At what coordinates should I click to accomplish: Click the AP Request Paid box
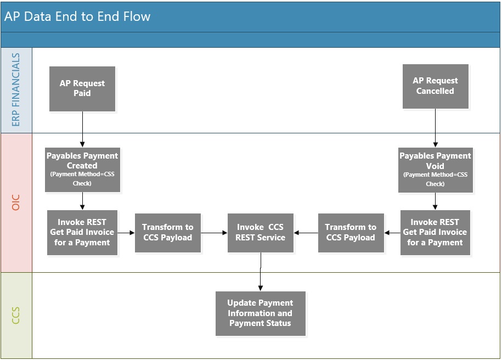(x=82, y=89)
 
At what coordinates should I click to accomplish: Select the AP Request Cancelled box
(x=436, y=87)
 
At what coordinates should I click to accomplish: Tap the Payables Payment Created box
(x=83, y=170)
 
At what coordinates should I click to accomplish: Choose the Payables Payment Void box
(x=436, y=170)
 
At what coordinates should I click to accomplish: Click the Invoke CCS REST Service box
(x=261, y=233)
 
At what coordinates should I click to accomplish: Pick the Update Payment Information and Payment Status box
(x=261, y=313)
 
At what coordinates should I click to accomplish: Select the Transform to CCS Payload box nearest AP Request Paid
(x=168, y=233)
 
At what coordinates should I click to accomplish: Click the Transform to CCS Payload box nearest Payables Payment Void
(x=351, y=233)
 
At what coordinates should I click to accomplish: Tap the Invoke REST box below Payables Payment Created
(x=82, y=233)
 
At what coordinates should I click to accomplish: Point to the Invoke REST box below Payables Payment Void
(x=436, y=233)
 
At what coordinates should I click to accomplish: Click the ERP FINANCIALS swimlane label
(x=16, y=89)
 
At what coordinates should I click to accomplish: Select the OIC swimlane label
(x=16, y=203)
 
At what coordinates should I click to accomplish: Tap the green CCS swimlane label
(x=16, y=316)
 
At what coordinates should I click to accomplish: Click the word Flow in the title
(x=137, y=16)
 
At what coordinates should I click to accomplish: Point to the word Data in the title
(x=37, y=16)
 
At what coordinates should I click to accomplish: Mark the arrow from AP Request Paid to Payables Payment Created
(x=82, y=130)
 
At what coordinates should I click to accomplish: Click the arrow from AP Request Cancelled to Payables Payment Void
(x=436, y=128)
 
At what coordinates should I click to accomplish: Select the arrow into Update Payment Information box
(x=261, y=272)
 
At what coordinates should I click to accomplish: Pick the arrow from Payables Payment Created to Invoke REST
(x=82, y=201)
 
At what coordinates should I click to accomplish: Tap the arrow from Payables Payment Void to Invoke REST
(x=436, y=201)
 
